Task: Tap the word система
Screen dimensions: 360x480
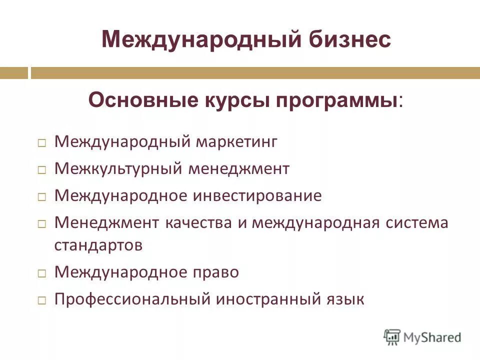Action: pyautogui.click(x=417, y=222)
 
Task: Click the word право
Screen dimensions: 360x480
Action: pyautogui.click(x=216, y=272)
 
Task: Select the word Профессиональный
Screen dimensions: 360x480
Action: pyautogui.click(x=131, y=299)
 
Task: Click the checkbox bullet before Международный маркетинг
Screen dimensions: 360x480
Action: pyautogui.click(x=42, y=143)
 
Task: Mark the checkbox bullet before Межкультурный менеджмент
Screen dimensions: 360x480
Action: pyautogui.click(x=42, y=170)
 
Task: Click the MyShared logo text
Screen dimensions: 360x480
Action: pyautogui.click(x=432, y=337)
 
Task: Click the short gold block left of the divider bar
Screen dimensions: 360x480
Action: pyautogui.click(x=14, y=73)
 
